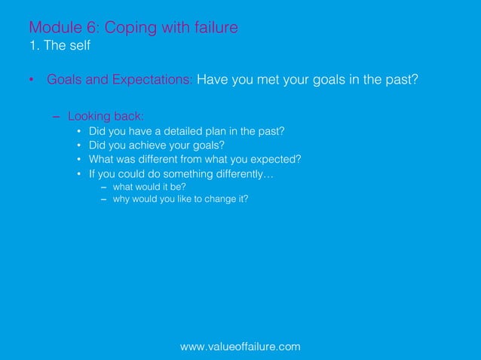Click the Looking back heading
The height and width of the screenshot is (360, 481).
coord(106,116)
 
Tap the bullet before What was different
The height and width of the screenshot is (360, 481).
coord(79,160)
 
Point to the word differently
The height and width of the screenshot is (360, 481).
coord(244,174)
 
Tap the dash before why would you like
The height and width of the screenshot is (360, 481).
coord(104,200)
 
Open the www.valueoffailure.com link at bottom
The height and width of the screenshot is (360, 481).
coord(240,346)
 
